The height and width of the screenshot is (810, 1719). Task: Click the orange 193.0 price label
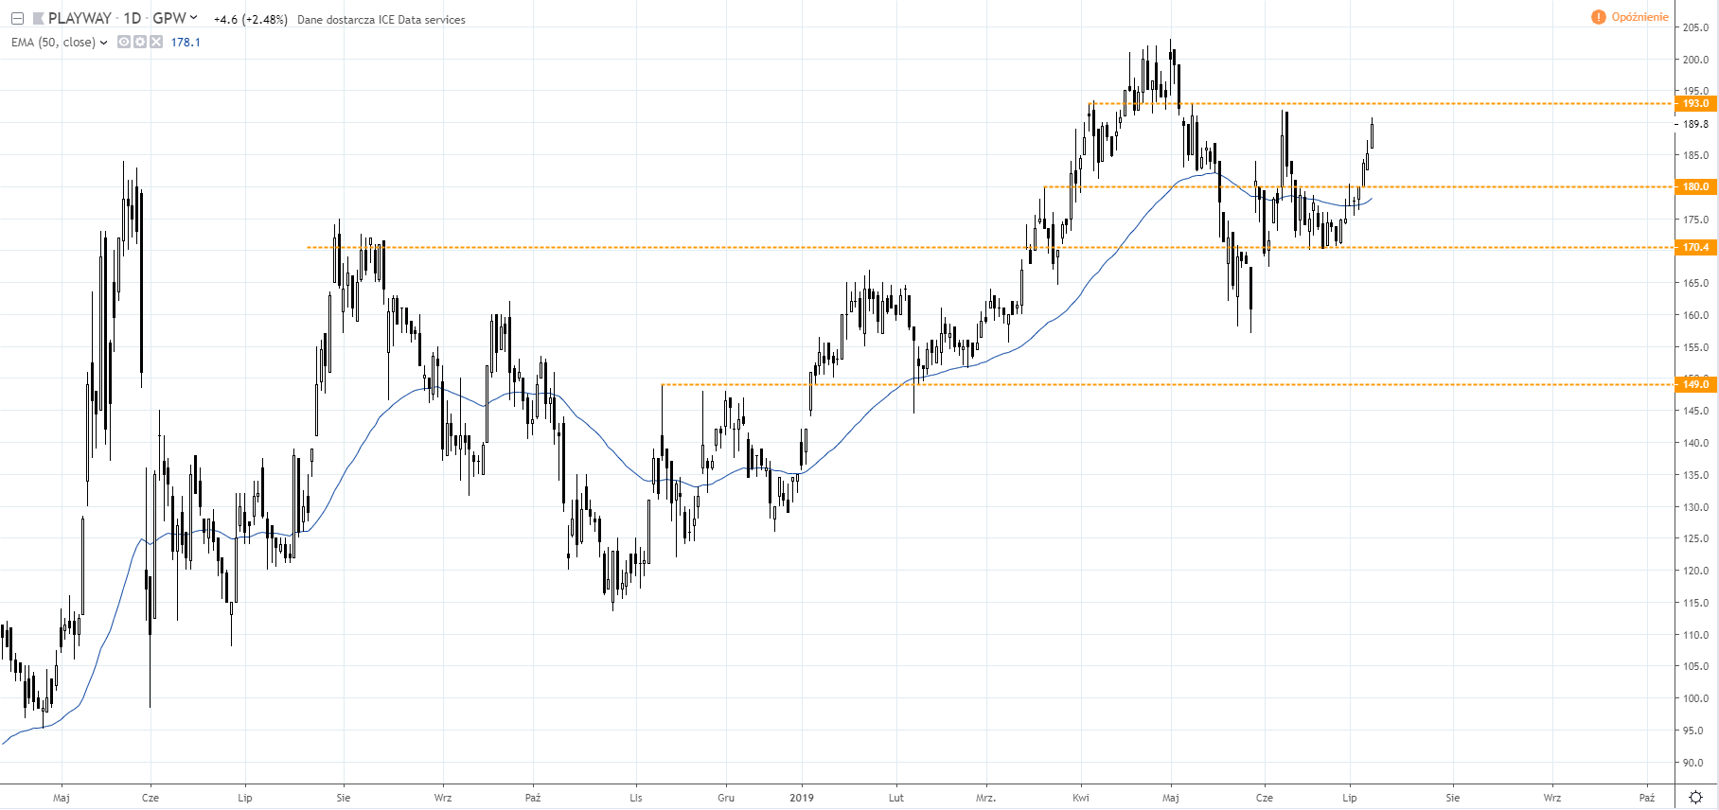click(1695, 103)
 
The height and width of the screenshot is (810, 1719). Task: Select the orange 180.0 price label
click(1695, 186)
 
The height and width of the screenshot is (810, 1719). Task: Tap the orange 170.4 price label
click(1695, 247)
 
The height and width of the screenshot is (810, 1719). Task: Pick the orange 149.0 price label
click(1695, 384)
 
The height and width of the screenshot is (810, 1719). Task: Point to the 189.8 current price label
click(1695, 124)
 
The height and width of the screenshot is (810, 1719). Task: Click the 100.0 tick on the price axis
click(1695, 698)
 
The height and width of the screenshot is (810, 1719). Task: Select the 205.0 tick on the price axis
click(1695, 27)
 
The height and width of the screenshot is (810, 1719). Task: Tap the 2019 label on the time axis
click(802, 798)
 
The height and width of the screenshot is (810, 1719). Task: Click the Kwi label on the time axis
click(1081, 798)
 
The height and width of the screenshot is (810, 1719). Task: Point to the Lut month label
click(895, 798)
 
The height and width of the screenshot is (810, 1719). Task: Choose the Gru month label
click(726, 798)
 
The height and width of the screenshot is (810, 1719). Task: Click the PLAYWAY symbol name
click(80, 18)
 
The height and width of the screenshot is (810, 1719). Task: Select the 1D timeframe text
click(133, 18)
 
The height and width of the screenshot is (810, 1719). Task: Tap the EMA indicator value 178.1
click(186, 43)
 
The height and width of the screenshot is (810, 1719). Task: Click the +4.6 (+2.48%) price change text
click(250, 19)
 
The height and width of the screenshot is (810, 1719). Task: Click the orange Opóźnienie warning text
click(1639, 17)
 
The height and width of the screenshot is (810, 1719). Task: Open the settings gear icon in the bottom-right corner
click(1696, 797)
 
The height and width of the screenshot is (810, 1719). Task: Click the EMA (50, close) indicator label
click(53, 43)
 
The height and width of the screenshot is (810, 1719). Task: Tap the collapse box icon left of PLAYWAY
click(17, 18)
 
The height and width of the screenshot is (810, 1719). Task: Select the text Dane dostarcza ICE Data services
click(381, 19)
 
